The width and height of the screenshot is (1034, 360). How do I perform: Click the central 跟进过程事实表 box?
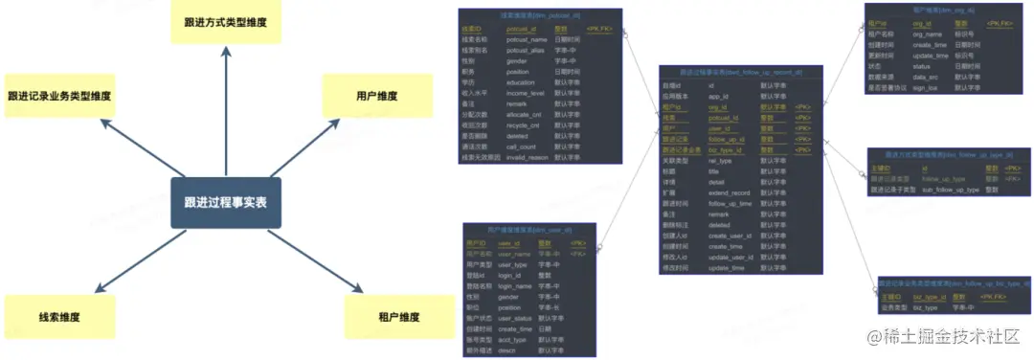(x=226, y=202)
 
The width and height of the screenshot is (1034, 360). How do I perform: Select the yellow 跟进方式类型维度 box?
(x=226, y=21)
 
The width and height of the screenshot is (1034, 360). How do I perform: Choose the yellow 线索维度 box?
(x=58, y=317)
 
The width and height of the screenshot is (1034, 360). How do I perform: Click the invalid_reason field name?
(x=527, y=157)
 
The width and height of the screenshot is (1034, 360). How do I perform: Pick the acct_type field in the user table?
(x=512, y=339)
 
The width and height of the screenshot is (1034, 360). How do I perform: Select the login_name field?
(x=515, y=285)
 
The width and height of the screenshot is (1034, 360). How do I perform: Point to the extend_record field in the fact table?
(x=729, y=192)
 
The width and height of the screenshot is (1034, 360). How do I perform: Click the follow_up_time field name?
(x=731, y=203)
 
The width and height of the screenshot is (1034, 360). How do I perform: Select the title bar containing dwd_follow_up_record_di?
(x=741, y=73)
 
